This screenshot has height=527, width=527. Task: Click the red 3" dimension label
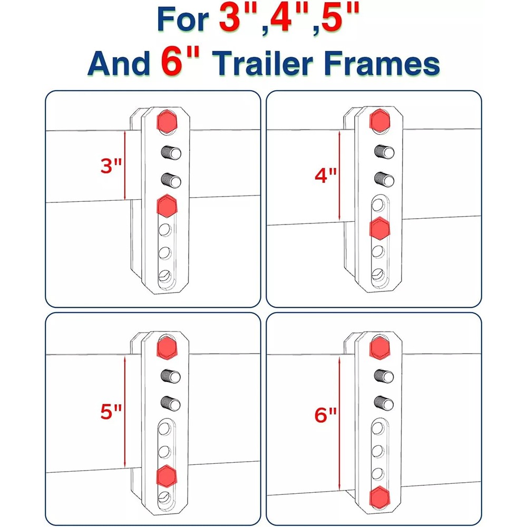point(111,167)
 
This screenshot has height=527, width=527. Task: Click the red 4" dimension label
point(325,175)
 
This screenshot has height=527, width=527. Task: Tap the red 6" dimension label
point(325,416)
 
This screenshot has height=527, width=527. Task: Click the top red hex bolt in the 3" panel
point(167,122)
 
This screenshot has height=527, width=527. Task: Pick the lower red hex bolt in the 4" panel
point(381,229)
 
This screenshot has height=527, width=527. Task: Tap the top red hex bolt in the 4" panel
point(381,120)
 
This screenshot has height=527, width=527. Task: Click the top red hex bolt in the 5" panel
point(167,346)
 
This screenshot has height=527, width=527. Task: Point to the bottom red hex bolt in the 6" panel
point(381,496)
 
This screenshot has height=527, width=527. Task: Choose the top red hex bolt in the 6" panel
point(381,346)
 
